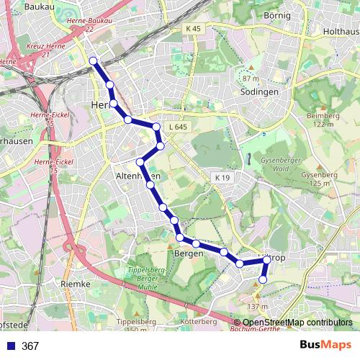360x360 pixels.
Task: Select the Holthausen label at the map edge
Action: pyautogui.click(x=341, y=32)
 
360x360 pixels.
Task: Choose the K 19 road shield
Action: pyautogui.click(x=221, y=177)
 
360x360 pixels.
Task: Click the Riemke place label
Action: pyautogui.click(x=76, y=284)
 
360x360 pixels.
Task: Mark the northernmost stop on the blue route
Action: pyautogui.click(x=93, y=60)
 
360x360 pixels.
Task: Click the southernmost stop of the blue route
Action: pyautogui.click(x=264, y=279)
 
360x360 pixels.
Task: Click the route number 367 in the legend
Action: pyautogui.click(x=30, y=346)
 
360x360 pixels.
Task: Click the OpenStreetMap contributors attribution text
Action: pyautogui.click(x=297, y=322)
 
